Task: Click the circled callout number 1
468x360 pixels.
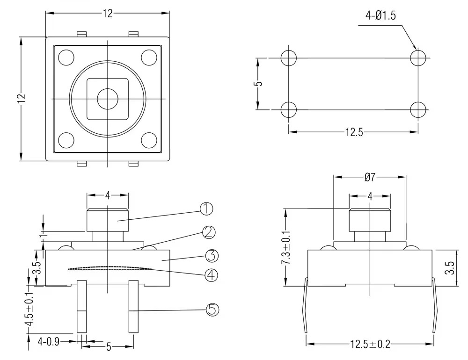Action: [x=206, y=209]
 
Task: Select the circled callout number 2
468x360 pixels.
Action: [x=209, y=232]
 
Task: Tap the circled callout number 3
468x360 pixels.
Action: [x=212, y=256]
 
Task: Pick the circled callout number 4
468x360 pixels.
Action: [x=212, y=275]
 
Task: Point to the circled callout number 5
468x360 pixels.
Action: [x=212, y=310]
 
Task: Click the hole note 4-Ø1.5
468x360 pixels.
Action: [x=380, y=15]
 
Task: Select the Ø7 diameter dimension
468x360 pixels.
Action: [x=370, y=178]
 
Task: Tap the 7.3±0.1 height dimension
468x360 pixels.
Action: [x=287, y=248]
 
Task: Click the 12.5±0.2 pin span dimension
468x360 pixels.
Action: [x=370, y=344]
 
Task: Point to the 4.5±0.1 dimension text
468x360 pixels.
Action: [x=29, y=309]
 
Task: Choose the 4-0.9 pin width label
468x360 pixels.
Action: [x=48, y=341]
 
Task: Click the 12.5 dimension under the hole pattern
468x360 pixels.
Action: [x=354, y=132]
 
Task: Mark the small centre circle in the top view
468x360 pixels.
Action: [x=107, y=99]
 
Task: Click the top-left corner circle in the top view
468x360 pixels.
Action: [x=66, y=58]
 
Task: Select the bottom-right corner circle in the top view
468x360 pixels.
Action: [x=149, y=140]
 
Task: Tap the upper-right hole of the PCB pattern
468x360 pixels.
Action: [x=418, y=58]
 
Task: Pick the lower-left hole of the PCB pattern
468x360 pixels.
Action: [x=289, y=109]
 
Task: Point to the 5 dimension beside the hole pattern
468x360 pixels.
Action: [x=259, y=84]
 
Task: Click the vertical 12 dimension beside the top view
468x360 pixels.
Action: [x=22, y=99]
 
